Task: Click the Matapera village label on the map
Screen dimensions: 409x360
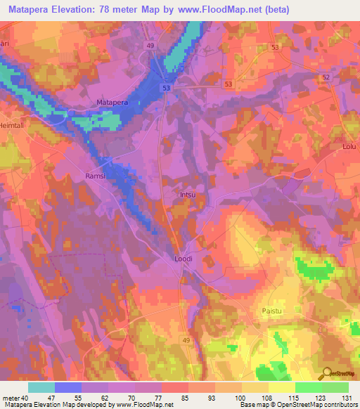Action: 112,103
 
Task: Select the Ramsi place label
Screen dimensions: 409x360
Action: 95,176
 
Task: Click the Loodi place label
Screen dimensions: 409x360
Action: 183,259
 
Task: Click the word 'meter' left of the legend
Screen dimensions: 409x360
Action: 10,398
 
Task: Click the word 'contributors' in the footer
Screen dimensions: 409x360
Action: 337,404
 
